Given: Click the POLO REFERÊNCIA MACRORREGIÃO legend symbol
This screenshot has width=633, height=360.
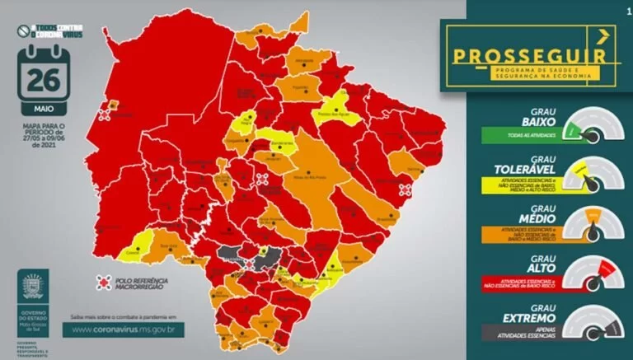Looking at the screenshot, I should click(x=103, y=283).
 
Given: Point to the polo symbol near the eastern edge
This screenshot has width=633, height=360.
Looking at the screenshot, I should click(x=404, y=189).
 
